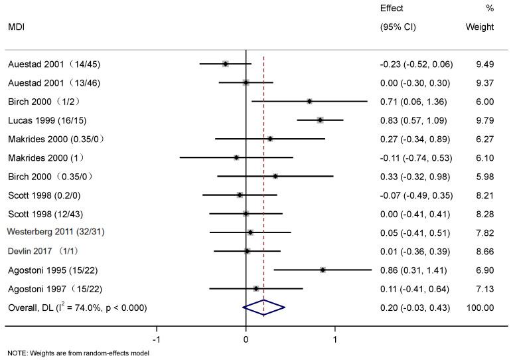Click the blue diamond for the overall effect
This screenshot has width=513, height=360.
tap(263, 308)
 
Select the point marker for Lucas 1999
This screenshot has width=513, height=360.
tap(320, 120)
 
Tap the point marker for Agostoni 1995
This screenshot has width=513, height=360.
tap(323, 270)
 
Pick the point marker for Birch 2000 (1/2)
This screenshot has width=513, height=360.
tap(309, 102)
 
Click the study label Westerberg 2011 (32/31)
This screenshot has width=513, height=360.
tap(55, 232)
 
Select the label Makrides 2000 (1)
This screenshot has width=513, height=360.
tap(47, 157)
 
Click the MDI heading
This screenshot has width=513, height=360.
tap(17, 27)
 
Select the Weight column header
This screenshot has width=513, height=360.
tap(480, 27)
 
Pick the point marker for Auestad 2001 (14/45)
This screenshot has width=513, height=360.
tap(226, 64)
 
